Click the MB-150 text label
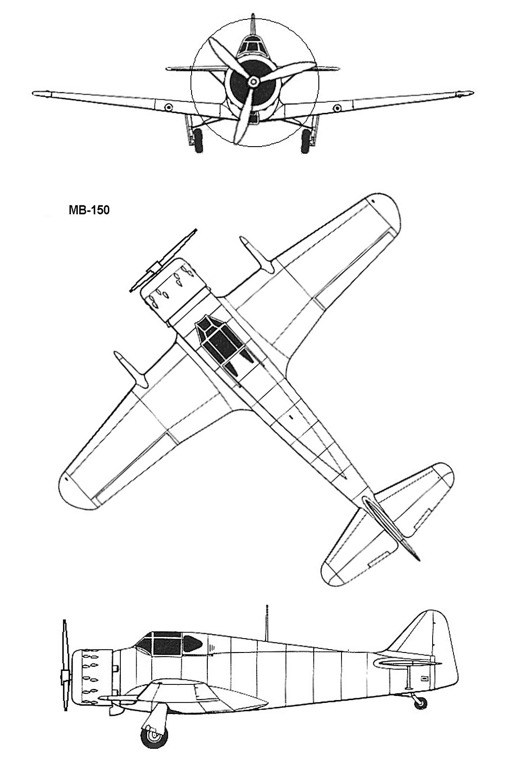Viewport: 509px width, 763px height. click(89, 210)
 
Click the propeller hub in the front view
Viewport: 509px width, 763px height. click(253, 81)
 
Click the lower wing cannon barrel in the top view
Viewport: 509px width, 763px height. click(131, 369)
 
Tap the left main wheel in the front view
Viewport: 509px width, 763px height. click(198, 140)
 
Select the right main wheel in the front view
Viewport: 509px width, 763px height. click(306, 140)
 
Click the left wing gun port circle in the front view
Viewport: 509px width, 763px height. click(168, 107)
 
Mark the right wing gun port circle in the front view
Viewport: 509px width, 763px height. click(337, 107)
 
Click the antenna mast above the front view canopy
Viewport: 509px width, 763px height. click(253, 24)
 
